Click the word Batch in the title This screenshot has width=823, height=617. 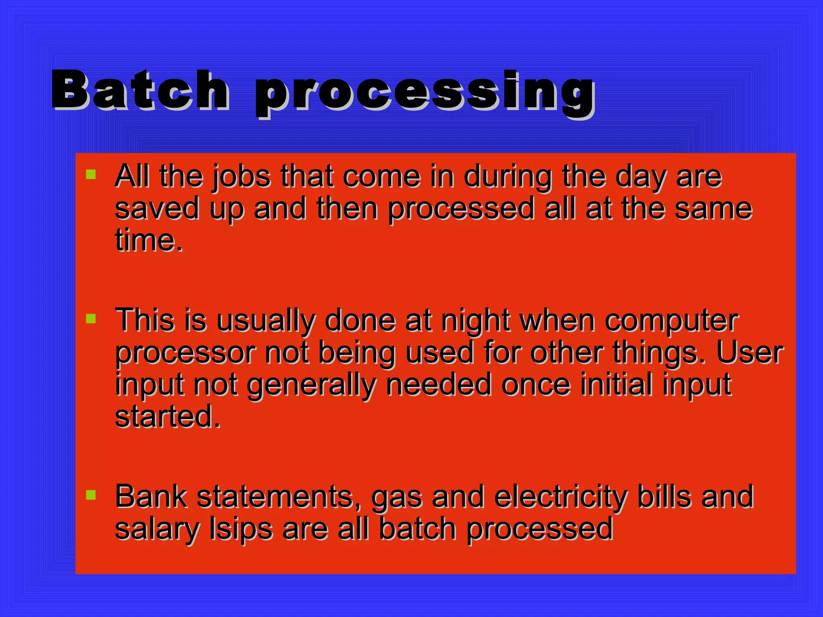(x=141, y=90)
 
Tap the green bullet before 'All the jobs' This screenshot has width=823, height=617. (x=91, y=174)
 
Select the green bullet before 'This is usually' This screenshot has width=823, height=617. (x=91, y=319)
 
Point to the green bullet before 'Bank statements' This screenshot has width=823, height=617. (x=91, y=495)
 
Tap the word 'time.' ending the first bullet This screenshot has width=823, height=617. (x=149, y=240)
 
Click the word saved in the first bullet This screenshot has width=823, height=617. (x=157, y=209)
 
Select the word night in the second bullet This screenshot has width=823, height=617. (x=475, y=321)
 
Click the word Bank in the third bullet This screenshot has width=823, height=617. (x=151, y=496)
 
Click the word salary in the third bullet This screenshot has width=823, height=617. (x=157, y=529)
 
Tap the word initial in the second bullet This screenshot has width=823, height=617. (x=616, y=385)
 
